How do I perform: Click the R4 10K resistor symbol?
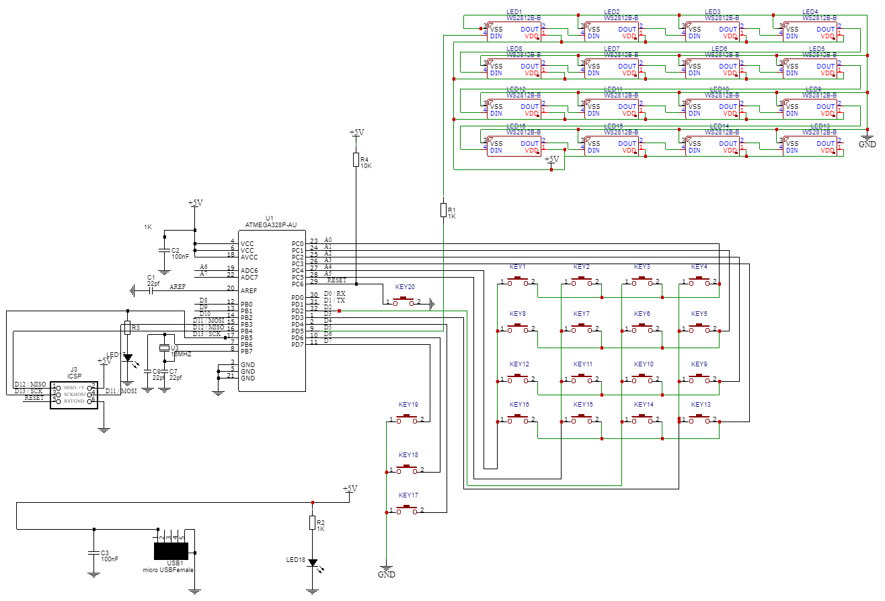[x=356, y=159]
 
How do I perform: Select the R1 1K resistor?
[x=443, y=209]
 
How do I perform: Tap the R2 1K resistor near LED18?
[x=312, y=522]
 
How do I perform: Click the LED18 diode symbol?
[x=312, y=563]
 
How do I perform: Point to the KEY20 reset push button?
[x=405, y=302]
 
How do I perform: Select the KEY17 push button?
[x=406, y=511]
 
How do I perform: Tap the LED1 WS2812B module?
[x=514, y=32]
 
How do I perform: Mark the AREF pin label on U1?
[x=249, y=290]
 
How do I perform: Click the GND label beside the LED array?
[x=868, y=144]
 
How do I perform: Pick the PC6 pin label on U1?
[x=298, y=284]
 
